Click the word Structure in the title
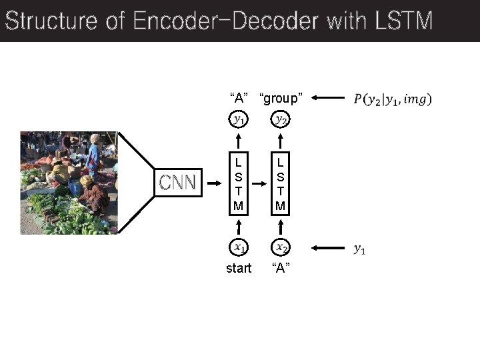click(x=50, y=21)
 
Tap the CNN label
click(x=177, y=182)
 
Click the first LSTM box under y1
click(x=238, y=183)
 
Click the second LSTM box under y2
click(x=281, y=183)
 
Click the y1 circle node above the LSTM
click(x=238, y=120)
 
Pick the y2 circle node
click(x=281, y=120)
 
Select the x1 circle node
click(x=238, y=248)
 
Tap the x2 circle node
click(x=281, y=248)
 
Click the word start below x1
click(x=239, y=268)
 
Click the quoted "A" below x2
click(x=281, y=268)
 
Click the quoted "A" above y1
click(x=238, y=99)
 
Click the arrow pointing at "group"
click(x=327, y=99)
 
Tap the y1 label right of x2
click(x=359, y=249)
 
